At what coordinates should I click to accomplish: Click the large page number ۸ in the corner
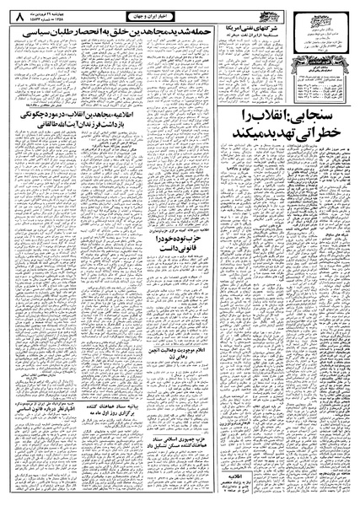15,14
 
